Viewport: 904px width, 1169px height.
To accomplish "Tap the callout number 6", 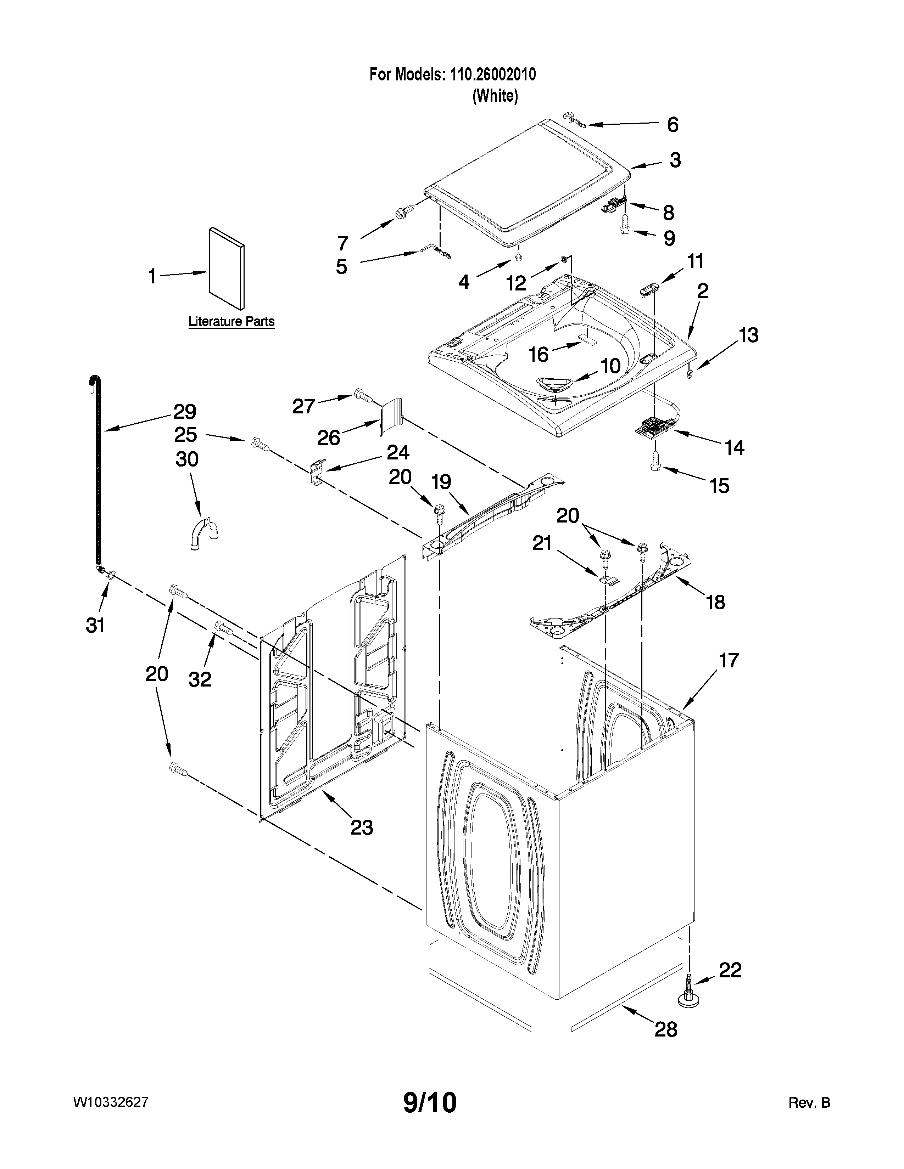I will click(x=673, y=125).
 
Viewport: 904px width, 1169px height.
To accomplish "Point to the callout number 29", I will click(x=185, y=412).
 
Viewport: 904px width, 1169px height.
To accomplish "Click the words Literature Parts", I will click(x=231, y=322).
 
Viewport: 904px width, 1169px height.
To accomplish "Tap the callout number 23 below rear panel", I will click(x=362, y=828).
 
